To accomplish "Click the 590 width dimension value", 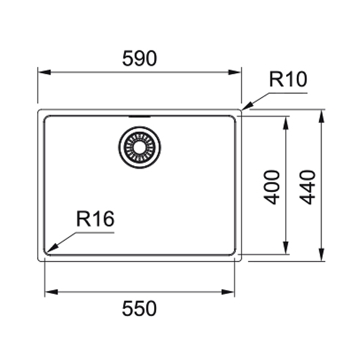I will [x=139, y=59].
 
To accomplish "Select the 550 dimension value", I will [x=139, y=308].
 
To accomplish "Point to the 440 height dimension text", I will [x=308, y=187].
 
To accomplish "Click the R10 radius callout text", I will [x=287, y=80].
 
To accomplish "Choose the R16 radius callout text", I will [x=95, y=220].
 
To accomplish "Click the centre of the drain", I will [x=139, y=147].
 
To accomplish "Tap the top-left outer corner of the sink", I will [x=39, y=110].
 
